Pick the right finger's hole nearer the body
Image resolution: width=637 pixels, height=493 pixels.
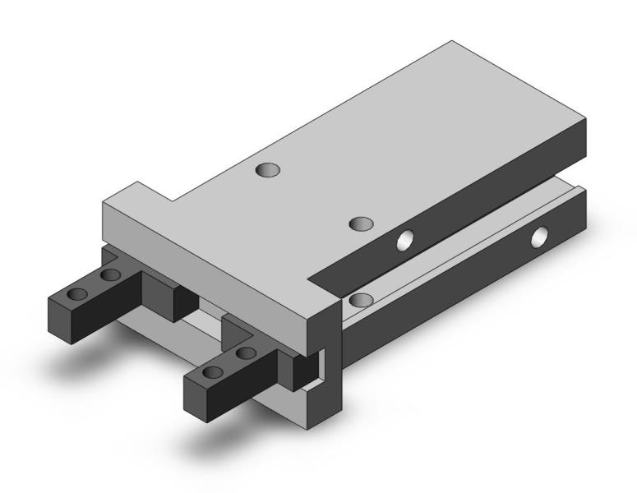[x=244, y=353]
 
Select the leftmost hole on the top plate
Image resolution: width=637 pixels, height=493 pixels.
[x=267, y=170]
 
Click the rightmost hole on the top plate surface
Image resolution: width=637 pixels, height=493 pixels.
[x=361, y=223]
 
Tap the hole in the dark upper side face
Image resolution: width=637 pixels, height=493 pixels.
[x=405, y=240]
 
